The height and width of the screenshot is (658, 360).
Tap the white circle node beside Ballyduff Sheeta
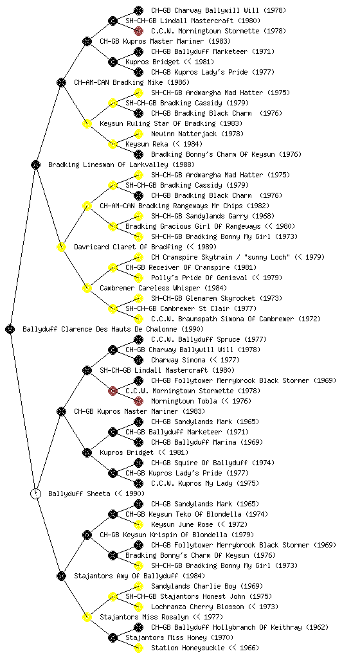coord(36,493)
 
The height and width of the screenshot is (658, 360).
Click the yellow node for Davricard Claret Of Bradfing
coord(62,247)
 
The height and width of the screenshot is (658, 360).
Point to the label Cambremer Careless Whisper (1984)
coord(163,288)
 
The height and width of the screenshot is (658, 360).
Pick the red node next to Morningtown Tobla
coord(138,401)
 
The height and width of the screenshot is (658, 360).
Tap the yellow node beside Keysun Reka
coord(113,144)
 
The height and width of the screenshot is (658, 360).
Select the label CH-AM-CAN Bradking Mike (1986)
coord(132,82)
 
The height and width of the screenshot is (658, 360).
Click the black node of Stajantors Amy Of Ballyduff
coord(62,576)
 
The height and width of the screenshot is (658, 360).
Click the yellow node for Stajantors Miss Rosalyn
coord(87,617)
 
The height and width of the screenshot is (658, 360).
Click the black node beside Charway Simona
coord(138,360)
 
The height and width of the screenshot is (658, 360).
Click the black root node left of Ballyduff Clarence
coord(10,329)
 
